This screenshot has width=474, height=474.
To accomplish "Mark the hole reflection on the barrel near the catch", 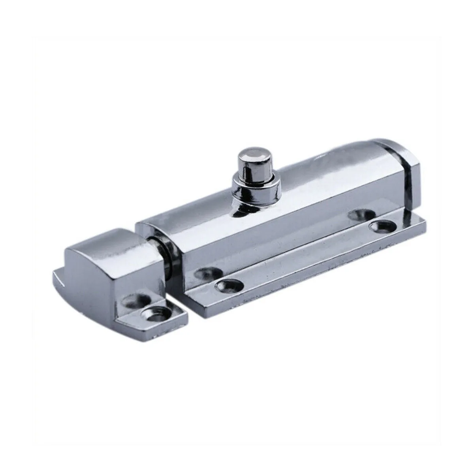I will click(x=207, y=273).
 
